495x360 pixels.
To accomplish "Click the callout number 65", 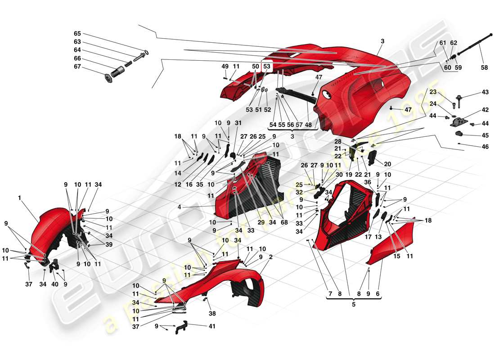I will tap(77, 34).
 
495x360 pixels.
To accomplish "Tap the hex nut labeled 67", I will tap(108, 78).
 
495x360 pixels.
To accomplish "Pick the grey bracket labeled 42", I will tap(460, 121).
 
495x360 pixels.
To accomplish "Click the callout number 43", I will tap(485, 92).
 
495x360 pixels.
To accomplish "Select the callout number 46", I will tap(485, 146).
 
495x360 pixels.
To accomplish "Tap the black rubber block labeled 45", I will tap(460, 134).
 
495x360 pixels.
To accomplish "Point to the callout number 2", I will tap(271, 257).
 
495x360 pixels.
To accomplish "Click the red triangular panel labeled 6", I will tap(391, 243).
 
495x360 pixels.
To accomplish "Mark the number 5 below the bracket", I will tap(353, 304).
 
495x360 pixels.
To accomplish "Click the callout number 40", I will tap(55, 284).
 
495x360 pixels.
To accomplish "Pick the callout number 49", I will tap(225, 66).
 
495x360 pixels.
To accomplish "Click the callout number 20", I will tap(387, 164).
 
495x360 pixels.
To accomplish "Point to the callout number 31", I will tap(238, 123).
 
